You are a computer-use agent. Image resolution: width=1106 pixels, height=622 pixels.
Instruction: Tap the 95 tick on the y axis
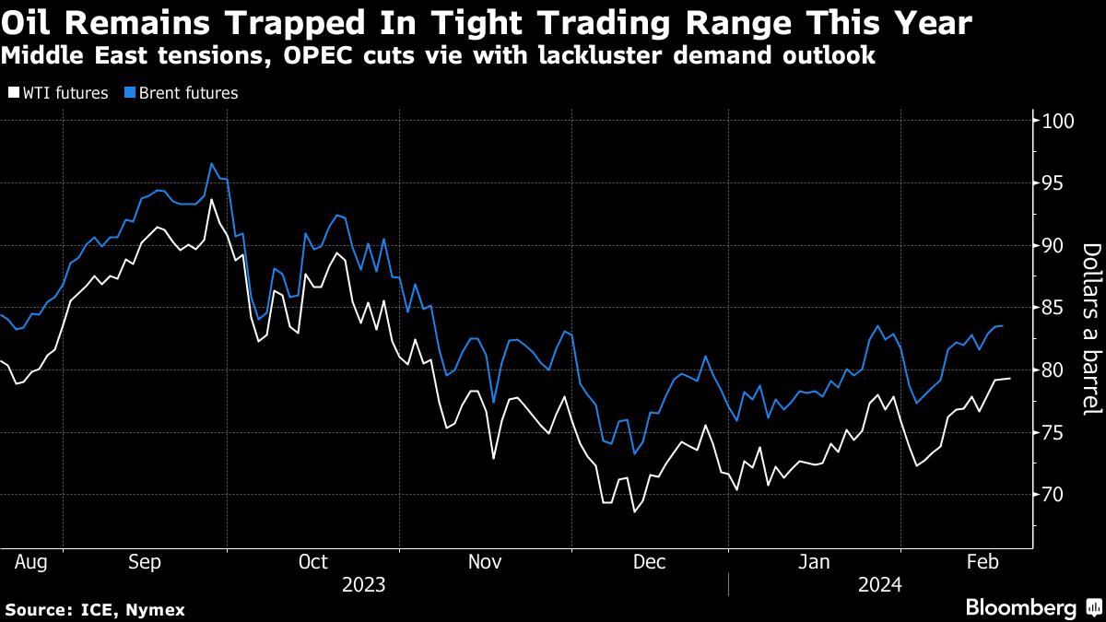(x=1054, y=183)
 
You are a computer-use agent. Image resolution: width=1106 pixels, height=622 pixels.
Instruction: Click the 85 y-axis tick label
(x=1054, y=308)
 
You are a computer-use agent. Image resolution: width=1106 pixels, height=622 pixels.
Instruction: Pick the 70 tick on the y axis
(x=1054, y=495)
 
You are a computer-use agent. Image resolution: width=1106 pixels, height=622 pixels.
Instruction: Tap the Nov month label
(x=484, y=561)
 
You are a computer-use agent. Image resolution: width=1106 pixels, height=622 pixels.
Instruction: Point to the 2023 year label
(x=363, y=584)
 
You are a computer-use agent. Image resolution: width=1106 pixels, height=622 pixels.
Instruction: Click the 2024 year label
(x=879, y=584)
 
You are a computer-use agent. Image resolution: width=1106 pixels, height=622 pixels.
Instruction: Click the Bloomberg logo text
(x=1020, y=607)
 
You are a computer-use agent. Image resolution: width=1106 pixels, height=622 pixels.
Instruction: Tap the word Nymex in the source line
(x=157, y=610)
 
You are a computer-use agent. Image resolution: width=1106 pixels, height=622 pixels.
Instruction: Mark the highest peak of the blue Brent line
(x=211, y=164)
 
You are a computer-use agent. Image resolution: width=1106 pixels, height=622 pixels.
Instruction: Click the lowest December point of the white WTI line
(x=634, y=511)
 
